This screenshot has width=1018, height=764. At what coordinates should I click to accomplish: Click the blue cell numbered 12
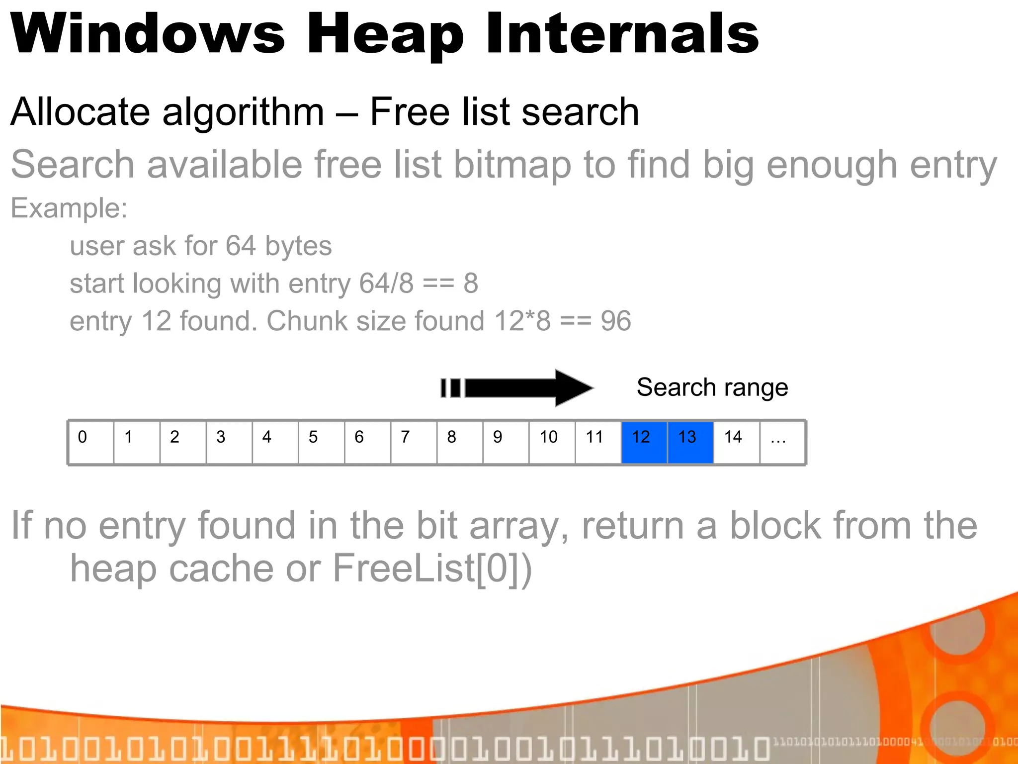coord(644,442)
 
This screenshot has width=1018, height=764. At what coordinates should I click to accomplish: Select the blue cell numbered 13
coord(690,442)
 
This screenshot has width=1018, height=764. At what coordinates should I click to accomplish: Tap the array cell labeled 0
coord(91,442)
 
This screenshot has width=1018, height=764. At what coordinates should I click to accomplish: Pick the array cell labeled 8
coord(460,442)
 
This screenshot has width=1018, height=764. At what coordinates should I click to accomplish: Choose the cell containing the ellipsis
coord(782,442)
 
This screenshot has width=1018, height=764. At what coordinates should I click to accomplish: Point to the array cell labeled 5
coord(322,442)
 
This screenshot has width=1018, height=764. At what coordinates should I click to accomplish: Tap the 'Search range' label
coord(712,387)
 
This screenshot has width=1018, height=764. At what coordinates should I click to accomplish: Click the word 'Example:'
coord(69,208)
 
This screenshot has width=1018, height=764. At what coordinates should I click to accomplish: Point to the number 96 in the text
coord(616,321)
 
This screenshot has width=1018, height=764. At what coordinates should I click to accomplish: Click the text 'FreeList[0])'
coord(432,568)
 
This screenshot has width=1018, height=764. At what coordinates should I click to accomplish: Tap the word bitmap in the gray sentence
coord(512,165)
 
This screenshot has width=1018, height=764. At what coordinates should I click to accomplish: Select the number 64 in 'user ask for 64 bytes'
coord(241,246)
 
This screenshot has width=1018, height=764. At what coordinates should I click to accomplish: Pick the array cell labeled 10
coord(552,442)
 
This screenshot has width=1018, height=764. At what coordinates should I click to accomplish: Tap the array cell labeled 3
coord(229,442)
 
